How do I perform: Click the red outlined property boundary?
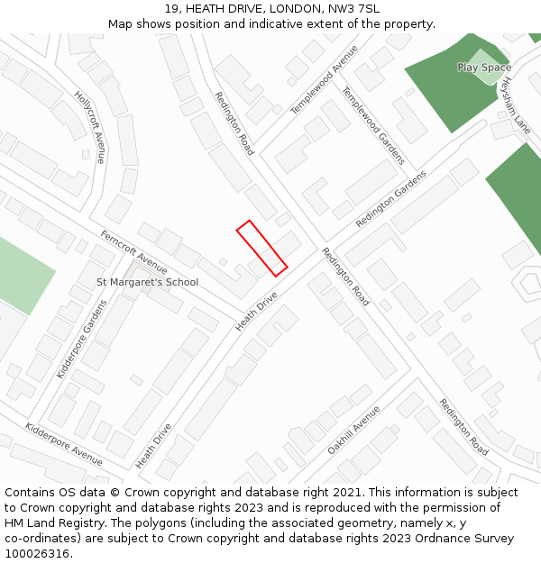[x=261, y=248]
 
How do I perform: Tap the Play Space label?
[x=483, y=68]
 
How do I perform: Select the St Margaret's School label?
[x=147, y=282]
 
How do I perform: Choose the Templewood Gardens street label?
[x=372, y=125]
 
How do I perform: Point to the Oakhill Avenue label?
[x=353, y=430]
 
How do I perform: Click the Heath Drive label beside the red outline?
[x=256, y=311]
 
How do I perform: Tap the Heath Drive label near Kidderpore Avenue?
[x=153, y=446]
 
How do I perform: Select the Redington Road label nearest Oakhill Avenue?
[x=463, y=426]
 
